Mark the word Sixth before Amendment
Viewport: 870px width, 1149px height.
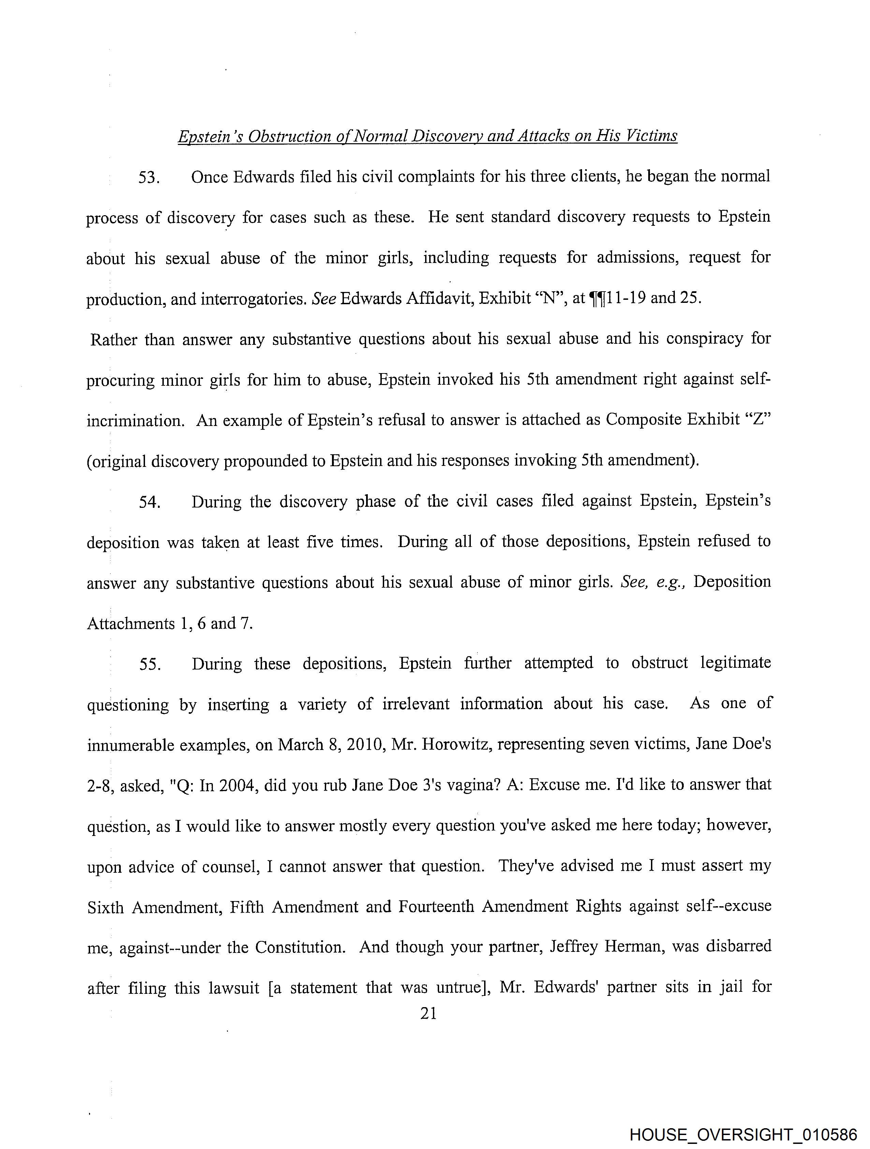pyautogui.click(x=105, y=907)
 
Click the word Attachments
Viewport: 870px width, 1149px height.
pyautogui.click(x=130, y=623)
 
